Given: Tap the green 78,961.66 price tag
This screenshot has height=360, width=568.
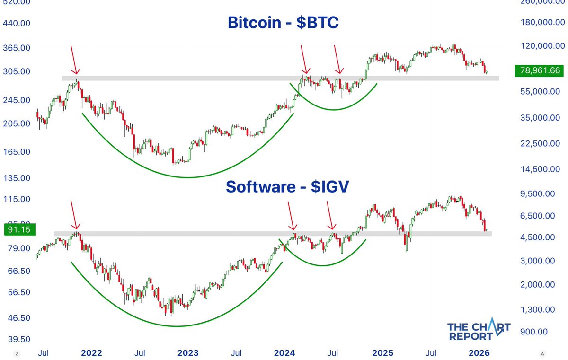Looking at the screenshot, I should (x=539, y=71).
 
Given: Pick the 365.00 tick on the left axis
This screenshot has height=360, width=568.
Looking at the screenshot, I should (x=17, y=48).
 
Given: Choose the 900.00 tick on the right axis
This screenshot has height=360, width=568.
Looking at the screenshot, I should (x=544, y=332).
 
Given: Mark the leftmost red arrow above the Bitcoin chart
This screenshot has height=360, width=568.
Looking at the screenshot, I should (x=74, y=61).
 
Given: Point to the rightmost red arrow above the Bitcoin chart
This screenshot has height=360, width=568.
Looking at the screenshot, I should (x=337, y=60).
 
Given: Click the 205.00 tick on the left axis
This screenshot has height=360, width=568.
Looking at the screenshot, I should (x=17, y=123).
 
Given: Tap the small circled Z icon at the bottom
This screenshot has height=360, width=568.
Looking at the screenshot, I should (x=17, y=353).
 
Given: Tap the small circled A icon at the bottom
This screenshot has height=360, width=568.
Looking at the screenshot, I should (x=542, y=353).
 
